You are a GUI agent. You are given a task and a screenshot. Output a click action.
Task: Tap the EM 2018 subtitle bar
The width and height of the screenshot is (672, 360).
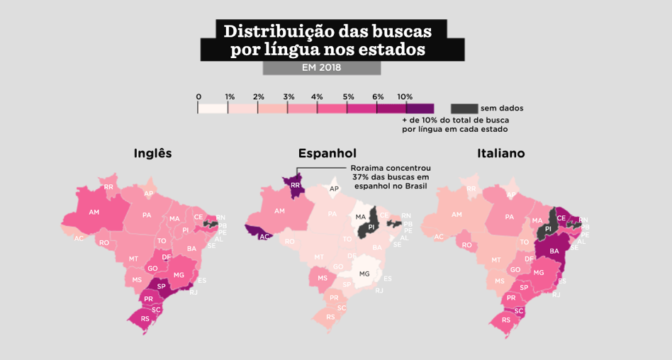click(x=321, y=67)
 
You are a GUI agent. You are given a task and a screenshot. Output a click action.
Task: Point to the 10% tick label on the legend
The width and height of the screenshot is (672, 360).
click(x=405, y=96)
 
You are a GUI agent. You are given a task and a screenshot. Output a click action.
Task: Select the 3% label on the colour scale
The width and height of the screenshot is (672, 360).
click(x=289, y=96)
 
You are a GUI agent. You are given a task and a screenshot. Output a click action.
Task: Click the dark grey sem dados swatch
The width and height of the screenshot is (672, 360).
click(x=464, y=108)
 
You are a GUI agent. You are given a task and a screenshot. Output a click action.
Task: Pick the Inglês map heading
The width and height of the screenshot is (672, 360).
click(x=152, y=153)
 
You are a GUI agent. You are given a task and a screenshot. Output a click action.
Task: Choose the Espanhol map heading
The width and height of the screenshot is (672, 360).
click(x=327, y=153)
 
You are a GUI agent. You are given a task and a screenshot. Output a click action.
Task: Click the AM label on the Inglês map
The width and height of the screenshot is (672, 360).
click(x=94, y=212)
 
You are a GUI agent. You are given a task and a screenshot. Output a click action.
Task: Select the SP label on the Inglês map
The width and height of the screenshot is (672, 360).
click(x=161, y=286)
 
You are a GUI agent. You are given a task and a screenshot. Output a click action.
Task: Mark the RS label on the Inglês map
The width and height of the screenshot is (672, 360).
click(x=145, y=319)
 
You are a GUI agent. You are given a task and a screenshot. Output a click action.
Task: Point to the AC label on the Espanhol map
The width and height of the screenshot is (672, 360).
click(x=263, y=237)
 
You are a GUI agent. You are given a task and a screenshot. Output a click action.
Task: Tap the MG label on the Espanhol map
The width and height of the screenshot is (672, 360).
click(x=364, y=274)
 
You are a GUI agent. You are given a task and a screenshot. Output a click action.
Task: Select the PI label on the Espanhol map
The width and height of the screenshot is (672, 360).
click(x=371, y=227)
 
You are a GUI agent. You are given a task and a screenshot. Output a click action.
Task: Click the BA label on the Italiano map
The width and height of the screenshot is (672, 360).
click(x=554, y=251)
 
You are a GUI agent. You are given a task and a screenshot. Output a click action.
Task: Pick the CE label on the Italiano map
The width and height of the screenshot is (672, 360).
click(x=561, y=218)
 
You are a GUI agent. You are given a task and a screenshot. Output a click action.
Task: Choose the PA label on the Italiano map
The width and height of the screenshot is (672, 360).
click(x=509, y=217)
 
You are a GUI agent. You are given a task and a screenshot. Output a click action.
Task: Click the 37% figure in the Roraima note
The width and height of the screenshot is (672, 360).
click(x=359, y=176)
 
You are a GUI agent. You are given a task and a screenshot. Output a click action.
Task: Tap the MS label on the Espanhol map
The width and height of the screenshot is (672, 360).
click(x=323, y=279)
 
